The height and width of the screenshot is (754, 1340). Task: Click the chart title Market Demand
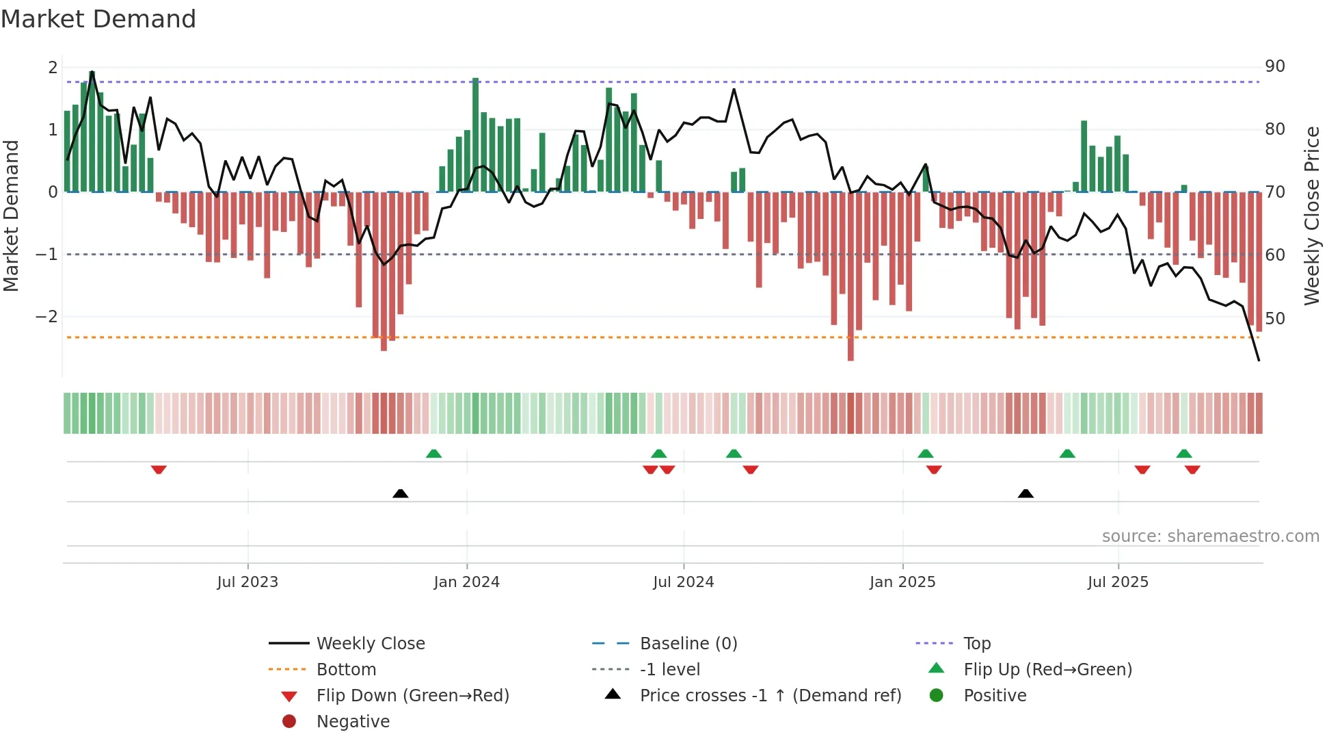click(x=98, y=19)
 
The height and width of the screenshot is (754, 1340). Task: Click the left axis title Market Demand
click(x=12, y=216)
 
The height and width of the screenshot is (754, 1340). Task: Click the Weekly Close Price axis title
click(x=1311, y=216)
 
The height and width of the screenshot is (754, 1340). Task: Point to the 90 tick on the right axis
click(x=1274, y=66)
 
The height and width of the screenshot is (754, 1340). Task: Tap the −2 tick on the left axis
click(x=46, y=317)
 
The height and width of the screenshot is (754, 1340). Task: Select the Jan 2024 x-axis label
click(x=466, y=582)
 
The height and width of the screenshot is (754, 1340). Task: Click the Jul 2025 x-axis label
click(x=1118, y=582)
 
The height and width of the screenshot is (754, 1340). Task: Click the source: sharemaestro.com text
click(x=1210, y=536)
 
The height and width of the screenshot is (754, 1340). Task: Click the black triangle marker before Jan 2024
click(x=401, y=493)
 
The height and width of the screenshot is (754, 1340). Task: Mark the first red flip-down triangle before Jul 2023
click(x=159, y=469)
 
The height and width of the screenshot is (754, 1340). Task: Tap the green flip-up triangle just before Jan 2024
click(x=433, y=453)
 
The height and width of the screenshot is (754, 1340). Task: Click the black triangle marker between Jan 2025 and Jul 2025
click(x=1026, y=493)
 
